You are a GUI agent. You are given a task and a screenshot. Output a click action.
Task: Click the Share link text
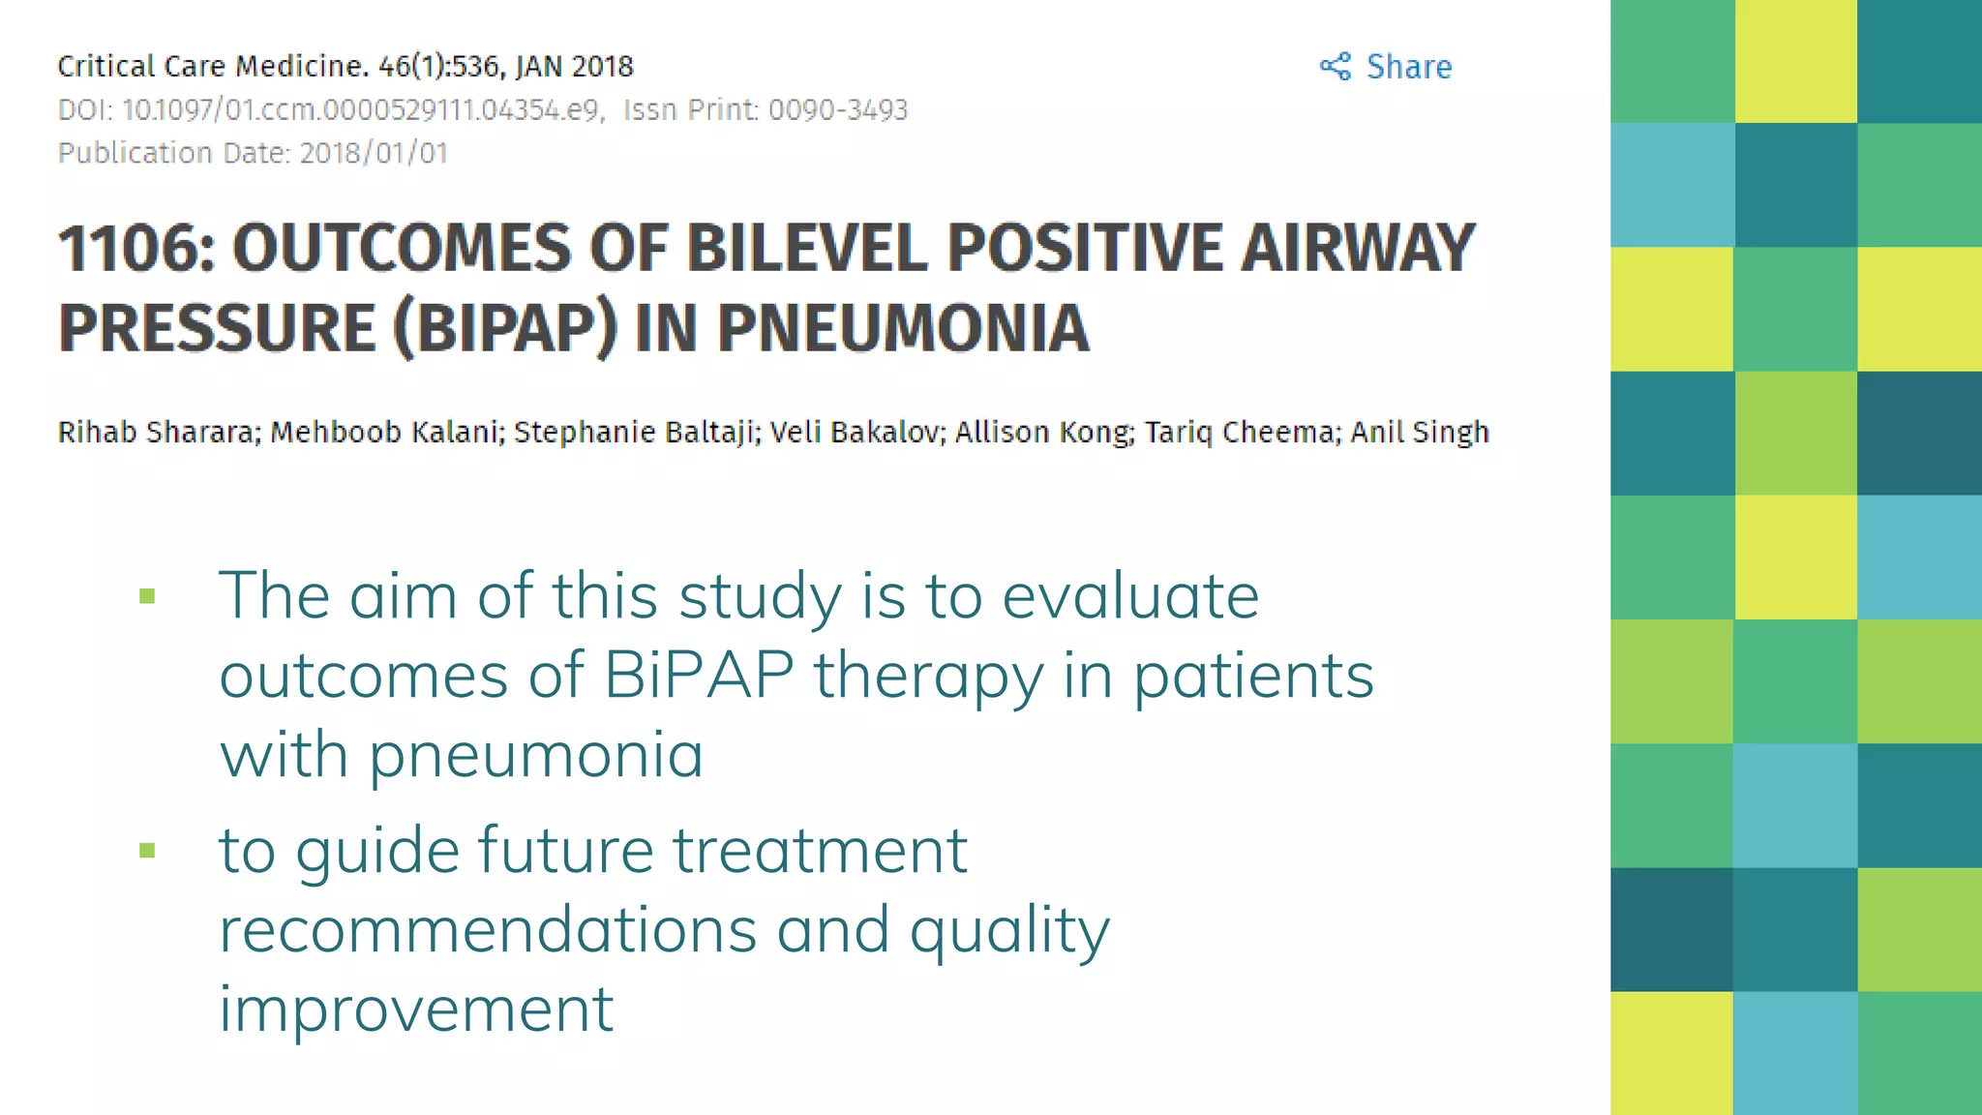(1408, 67)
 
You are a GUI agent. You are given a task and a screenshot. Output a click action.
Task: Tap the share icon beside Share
(1336, 67)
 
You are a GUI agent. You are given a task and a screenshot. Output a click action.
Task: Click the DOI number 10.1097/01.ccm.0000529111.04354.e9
(362, 110)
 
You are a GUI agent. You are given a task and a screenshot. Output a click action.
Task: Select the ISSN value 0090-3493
(837, 110)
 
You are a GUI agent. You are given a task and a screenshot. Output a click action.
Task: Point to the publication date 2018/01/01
(374, 154)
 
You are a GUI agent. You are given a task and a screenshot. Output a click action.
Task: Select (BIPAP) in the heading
(504, 328)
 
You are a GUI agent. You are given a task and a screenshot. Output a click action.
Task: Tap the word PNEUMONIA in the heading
(903, 328)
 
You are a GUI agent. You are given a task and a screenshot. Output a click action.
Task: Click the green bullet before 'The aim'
(147, 596)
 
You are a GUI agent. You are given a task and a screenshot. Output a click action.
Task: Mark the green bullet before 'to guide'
(147, 851)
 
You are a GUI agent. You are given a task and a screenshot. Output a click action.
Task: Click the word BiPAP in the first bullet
(699, 675)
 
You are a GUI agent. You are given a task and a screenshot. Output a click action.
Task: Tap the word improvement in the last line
(416, 1010)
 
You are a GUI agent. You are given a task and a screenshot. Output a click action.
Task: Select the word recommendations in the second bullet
(488, 930)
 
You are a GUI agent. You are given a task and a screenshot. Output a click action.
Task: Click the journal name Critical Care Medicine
(211, 67)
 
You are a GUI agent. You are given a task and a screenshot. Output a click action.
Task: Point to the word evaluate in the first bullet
(1129, 595)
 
